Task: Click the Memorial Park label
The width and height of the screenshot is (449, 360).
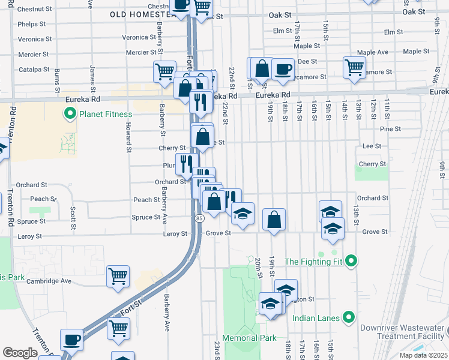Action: click(249, 338)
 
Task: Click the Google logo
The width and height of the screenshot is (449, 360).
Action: click(20, 353)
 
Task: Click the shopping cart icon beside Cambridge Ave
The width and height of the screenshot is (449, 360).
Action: click(118, 276)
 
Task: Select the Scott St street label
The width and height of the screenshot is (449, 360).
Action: click(73, 218)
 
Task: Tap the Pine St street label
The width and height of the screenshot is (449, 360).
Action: click(390, 129)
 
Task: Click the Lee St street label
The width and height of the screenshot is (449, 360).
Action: click(372, 146)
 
